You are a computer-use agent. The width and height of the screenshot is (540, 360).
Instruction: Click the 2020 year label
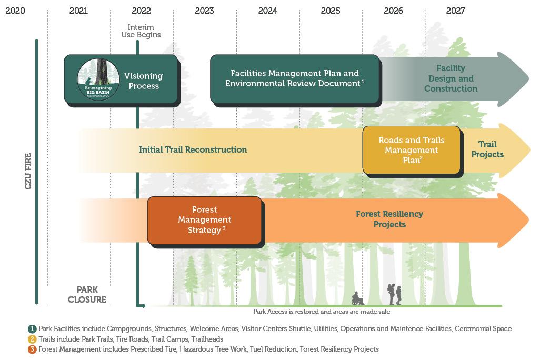pyautogui.click(x=15, y=11)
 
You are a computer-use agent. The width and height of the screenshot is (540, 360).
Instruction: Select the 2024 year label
pyautogui.click(x=268, y=11)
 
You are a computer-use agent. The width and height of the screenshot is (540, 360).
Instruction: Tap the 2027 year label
pyautogui.click(x=455, y=11)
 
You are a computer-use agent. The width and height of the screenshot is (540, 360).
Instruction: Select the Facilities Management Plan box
pyautogui.click(x=294, y=78)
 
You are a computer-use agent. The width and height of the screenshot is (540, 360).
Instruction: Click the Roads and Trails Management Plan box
pyautogui.click(x=411, y=150)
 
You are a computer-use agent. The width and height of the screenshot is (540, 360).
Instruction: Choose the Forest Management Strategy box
pyautogui.click(x=204, y=220)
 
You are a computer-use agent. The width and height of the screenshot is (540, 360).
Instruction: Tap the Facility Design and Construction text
pyautogui.click(x=451, y=78)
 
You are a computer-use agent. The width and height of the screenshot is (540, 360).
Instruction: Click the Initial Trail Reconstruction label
pyautogui.click(x=193, y=149)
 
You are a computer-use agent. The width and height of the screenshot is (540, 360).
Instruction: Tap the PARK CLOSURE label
pyautogui.click(x=87, y=295)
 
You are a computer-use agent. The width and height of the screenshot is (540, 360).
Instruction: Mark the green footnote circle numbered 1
pyautogui.click(x=33, y=328)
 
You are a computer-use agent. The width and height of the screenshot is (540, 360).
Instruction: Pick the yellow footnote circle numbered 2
pyautogui.click(x=33, y=339)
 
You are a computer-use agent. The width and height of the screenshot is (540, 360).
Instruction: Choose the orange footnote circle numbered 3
pyautogui.click(x=33, y=349)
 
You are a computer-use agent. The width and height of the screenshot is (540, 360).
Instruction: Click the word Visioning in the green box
pyautogui.click(x=143, y=76)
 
